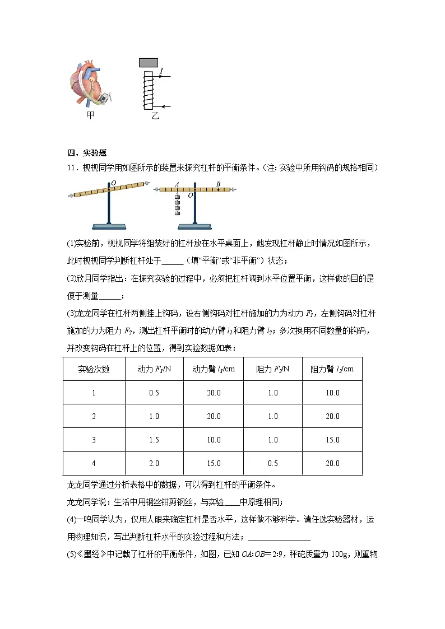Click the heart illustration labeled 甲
pos(89,83)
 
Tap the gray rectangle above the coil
pos(148,62)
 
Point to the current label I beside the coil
pos(161,71)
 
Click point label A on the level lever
pos(177,184)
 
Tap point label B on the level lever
pos(218,184)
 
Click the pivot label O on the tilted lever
pos(114,183)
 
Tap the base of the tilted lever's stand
pos(109,226)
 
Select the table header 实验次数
pos(94,369)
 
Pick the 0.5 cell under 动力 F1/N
pos(154,393)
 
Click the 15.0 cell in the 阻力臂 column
pos(332,440)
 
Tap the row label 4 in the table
pos(94,463)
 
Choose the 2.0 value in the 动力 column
pos(154,463)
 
